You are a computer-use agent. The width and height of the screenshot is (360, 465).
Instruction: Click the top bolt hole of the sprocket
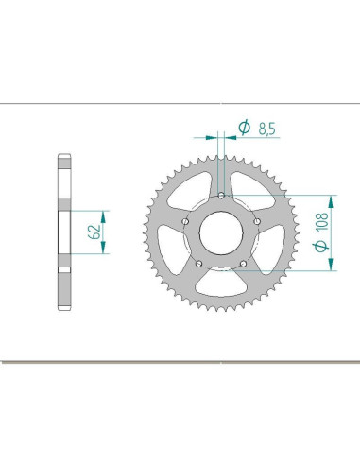(x=220, y=196)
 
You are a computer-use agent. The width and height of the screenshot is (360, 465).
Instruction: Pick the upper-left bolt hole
(x=186, y=220)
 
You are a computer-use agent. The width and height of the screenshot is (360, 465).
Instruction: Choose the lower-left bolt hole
(x=199, y=262)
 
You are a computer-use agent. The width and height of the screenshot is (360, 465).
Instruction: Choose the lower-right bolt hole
(x=242, y=262)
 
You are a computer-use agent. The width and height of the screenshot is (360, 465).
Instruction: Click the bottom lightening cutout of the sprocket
(x=220, y=287)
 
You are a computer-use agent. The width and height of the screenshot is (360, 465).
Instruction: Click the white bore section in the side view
(x=65, y=232)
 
